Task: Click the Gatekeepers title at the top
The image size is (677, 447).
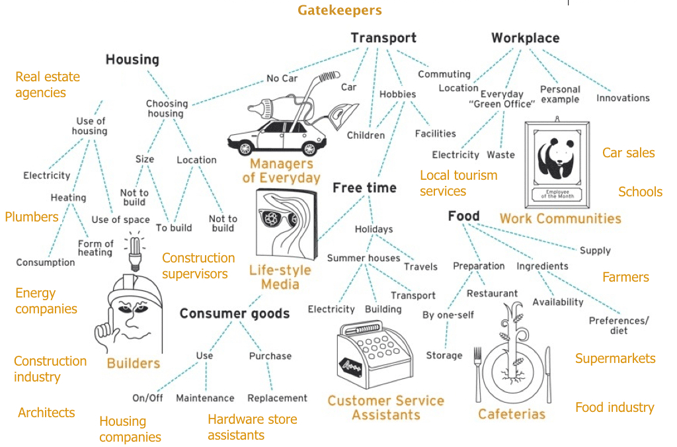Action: point(339,10)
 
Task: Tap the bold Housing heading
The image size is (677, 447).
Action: point(132,60)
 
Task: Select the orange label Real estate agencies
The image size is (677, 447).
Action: point(48,85)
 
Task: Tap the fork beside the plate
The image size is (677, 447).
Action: point(478,374)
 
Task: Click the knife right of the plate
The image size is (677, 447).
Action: point(548,374)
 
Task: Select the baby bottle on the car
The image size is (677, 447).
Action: point(278,105)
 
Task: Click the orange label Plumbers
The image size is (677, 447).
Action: point(32,217)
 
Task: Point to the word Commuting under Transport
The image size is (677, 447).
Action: point(444,74)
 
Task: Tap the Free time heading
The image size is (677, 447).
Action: point(364,188)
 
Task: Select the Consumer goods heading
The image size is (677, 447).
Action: point(235,313)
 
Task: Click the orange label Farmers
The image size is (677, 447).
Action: point(625,277)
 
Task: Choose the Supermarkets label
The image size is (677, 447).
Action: point(616,358)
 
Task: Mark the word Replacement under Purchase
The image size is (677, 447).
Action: point(277,398)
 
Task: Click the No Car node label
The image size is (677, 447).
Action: point(282,79)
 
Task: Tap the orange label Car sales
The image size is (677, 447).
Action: point(628,153)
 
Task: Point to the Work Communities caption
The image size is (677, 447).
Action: point(561,218)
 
